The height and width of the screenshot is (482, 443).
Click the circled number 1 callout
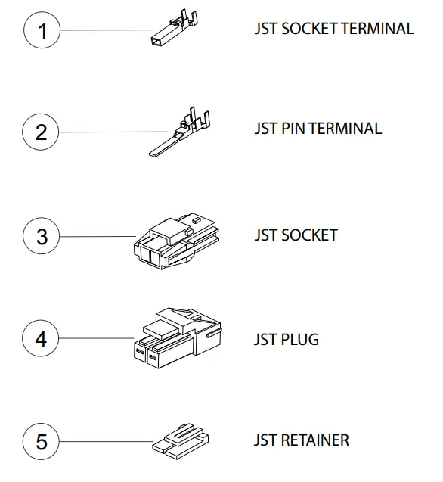point(42,31)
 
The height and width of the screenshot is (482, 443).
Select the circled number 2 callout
point(42,132)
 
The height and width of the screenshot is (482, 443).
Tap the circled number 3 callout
point(42,236)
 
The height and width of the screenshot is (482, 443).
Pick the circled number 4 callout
point(42,338)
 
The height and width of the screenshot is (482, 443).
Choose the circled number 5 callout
point(42,441)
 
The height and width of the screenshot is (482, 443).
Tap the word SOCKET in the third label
point(309,235)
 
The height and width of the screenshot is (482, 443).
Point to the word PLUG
point(299,339)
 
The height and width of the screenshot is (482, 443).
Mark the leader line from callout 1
point(106,31)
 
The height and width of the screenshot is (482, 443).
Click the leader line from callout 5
point(106,441)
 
